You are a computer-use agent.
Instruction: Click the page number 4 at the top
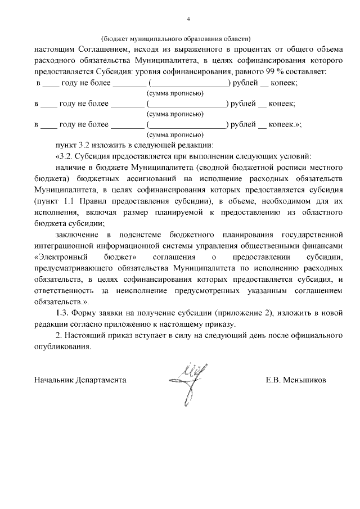coord(188,19)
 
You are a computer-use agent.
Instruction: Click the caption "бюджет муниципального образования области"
coord(176,39)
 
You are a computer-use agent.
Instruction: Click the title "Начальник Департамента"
coord(79,380)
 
